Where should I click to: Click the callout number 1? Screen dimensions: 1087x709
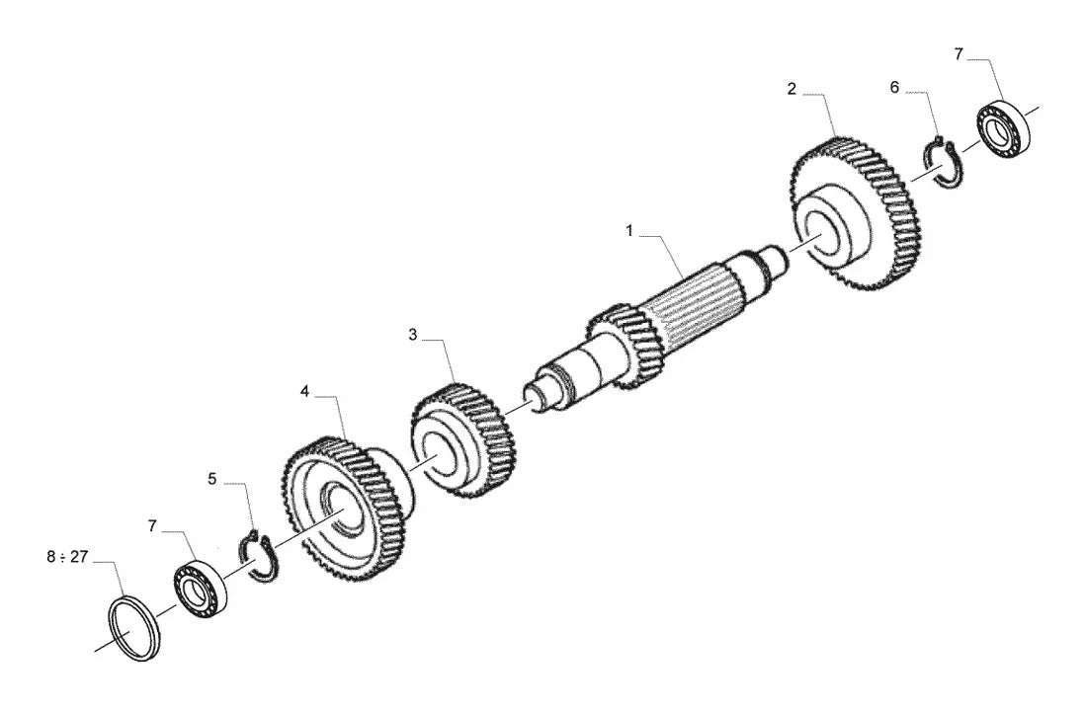(629, 231)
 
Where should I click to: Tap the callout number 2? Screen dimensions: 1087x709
(792, 89)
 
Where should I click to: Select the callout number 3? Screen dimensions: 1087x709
(412, 336)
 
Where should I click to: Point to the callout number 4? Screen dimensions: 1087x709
(304, 392)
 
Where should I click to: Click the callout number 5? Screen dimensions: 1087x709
(212, 478)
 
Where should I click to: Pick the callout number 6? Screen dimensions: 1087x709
(894, 87)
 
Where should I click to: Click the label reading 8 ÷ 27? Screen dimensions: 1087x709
(67, 557)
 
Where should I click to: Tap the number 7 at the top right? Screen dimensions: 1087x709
(959, 54)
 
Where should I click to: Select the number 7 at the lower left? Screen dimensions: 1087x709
(152, 526)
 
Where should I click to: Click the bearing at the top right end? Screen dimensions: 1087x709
(1003, 129)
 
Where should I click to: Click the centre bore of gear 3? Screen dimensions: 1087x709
(440, 459)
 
